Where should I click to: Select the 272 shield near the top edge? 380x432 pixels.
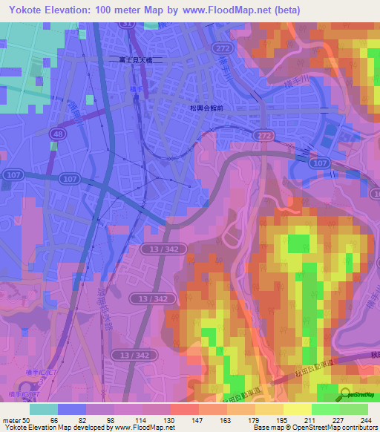pos(222,46)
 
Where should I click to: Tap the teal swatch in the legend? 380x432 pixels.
pos(44,408)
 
